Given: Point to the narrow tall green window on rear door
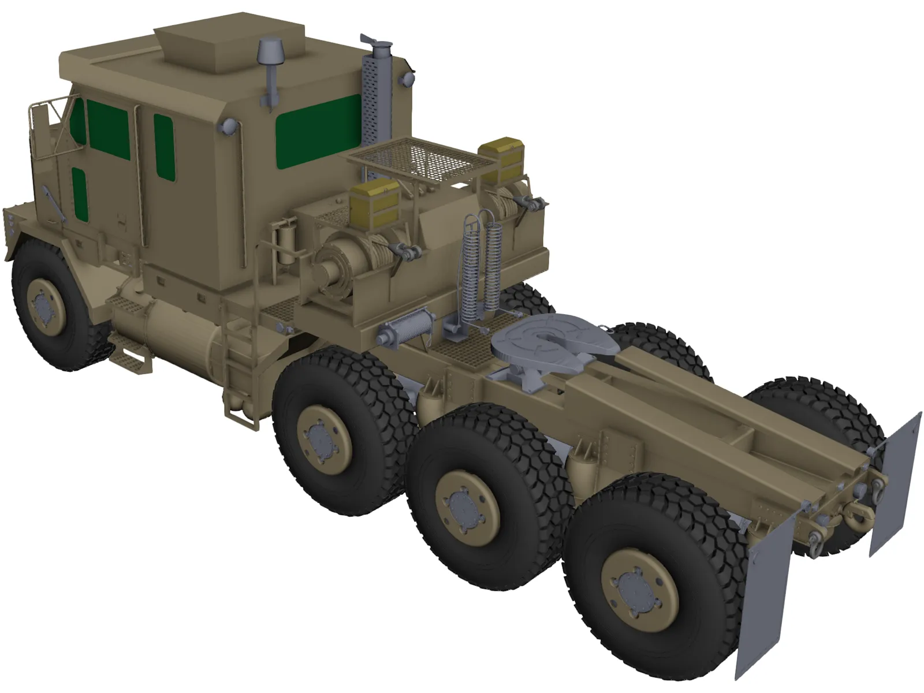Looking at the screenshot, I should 164,144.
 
